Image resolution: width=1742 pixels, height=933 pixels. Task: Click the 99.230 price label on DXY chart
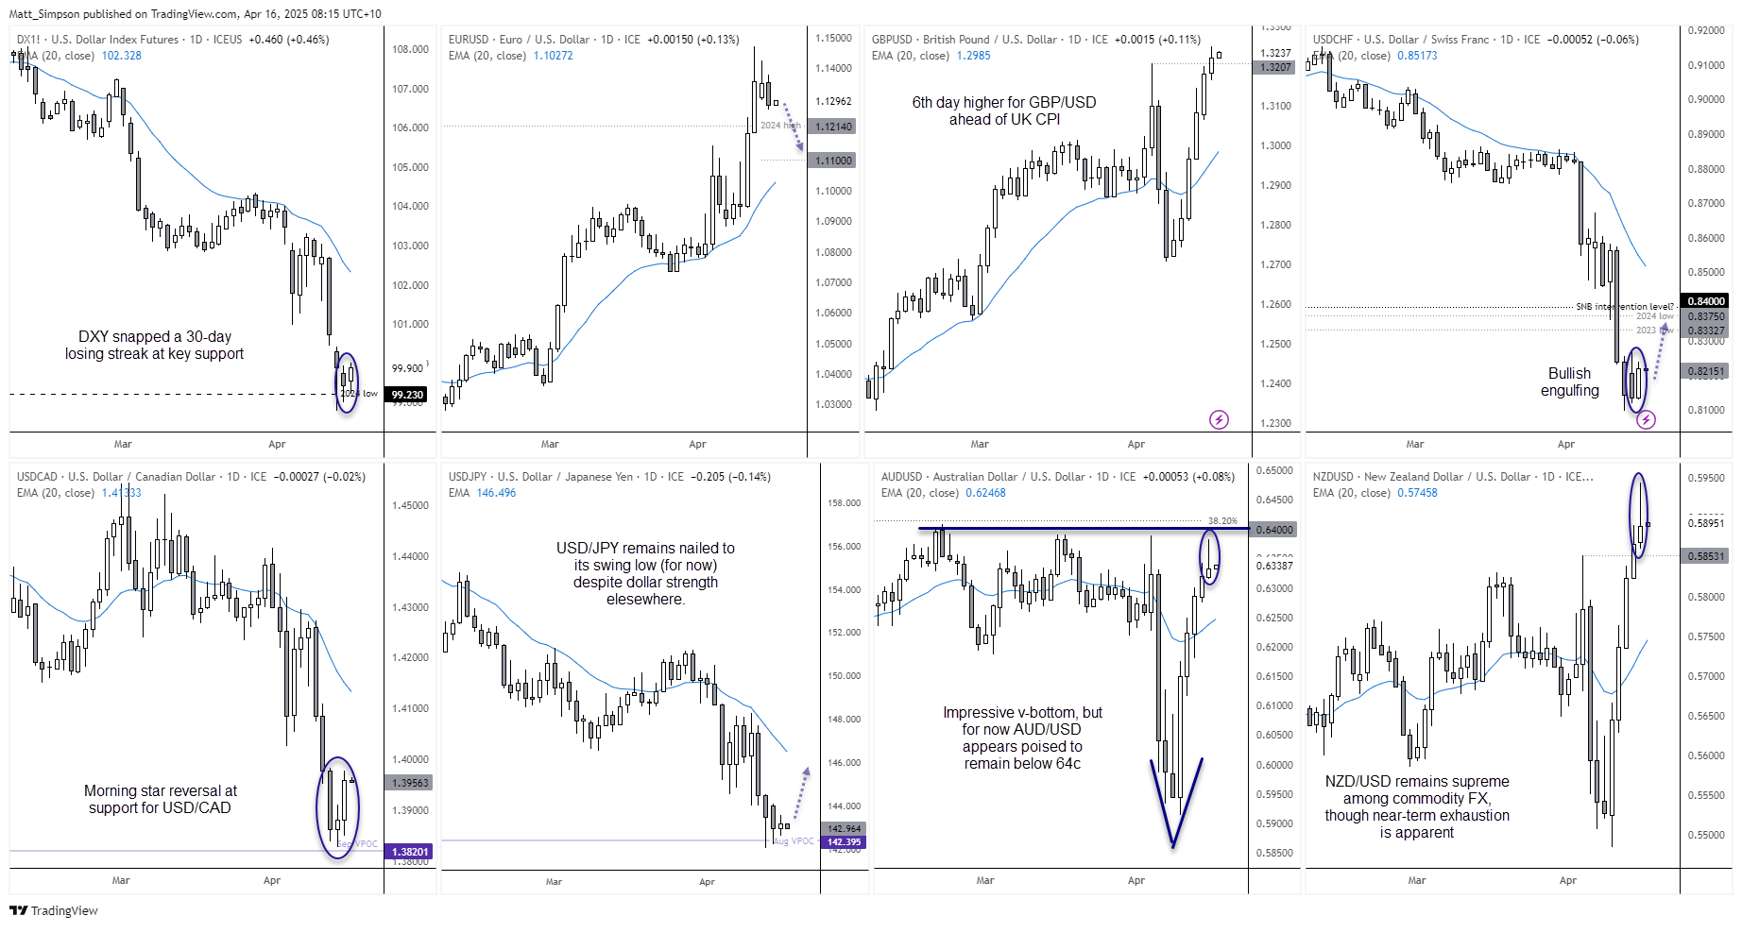point(407,395)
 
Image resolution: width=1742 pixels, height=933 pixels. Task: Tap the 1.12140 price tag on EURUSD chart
point(833,127)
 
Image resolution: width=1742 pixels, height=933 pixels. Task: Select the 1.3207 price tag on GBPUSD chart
point(1274,67)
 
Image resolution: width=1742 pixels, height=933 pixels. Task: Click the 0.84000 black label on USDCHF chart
point(1706,301)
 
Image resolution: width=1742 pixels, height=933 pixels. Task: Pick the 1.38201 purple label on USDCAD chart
point(410,852)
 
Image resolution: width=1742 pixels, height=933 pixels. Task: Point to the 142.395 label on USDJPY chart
point(844,842)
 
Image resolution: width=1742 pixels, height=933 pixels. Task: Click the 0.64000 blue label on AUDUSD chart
point(1273,530)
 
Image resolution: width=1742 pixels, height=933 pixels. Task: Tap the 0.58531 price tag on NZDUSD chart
point(1706,556)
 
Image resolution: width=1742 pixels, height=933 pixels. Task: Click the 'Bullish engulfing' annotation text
point(1569,382)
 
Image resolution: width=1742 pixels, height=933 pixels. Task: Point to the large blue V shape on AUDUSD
point(1174,803)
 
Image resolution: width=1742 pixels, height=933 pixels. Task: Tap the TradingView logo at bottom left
point(54,910)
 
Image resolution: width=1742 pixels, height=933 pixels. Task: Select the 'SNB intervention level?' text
point(1624,307)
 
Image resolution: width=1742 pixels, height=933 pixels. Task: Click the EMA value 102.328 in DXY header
point(122,56)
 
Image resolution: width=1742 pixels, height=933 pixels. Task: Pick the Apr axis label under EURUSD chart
point(697,444)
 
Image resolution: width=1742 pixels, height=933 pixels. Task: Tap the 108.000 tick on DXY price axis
point(410,49)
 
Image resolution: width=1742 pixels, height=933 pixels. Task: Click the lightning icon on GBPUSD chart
point(1219,419)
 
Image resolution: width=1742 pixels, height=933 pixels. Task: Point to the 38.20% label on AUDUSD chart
point(1221,520)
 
